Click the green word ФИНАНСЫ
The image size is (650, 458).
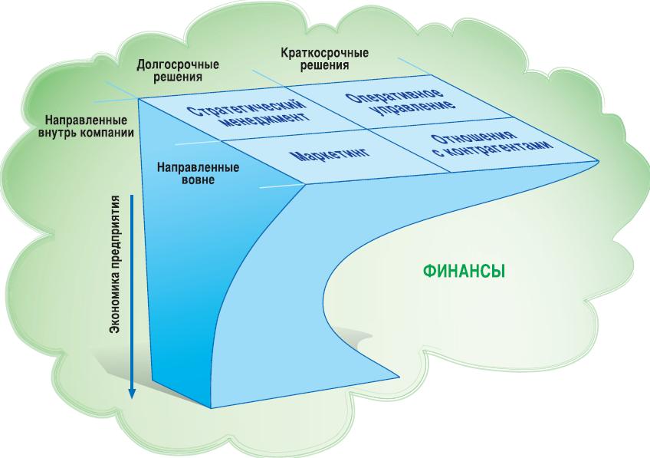point(465,272)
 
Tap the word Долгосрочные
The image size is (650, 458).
point(178,65)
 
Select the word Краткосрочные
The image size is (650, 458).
point(324,54)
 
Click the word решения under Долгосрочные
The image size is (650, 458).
point(178,77)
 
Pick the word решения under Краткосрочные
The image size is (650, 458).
point(324,65)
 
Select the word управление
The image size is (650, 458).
point(414,109)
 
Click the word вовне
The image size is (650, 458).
point(199,180)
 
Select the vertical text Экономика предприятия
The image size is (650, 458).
point(115,264)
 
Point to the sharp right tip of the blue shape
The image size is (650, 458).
point(599,160)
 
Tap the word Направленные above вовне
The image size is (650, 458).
point(199,168)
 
